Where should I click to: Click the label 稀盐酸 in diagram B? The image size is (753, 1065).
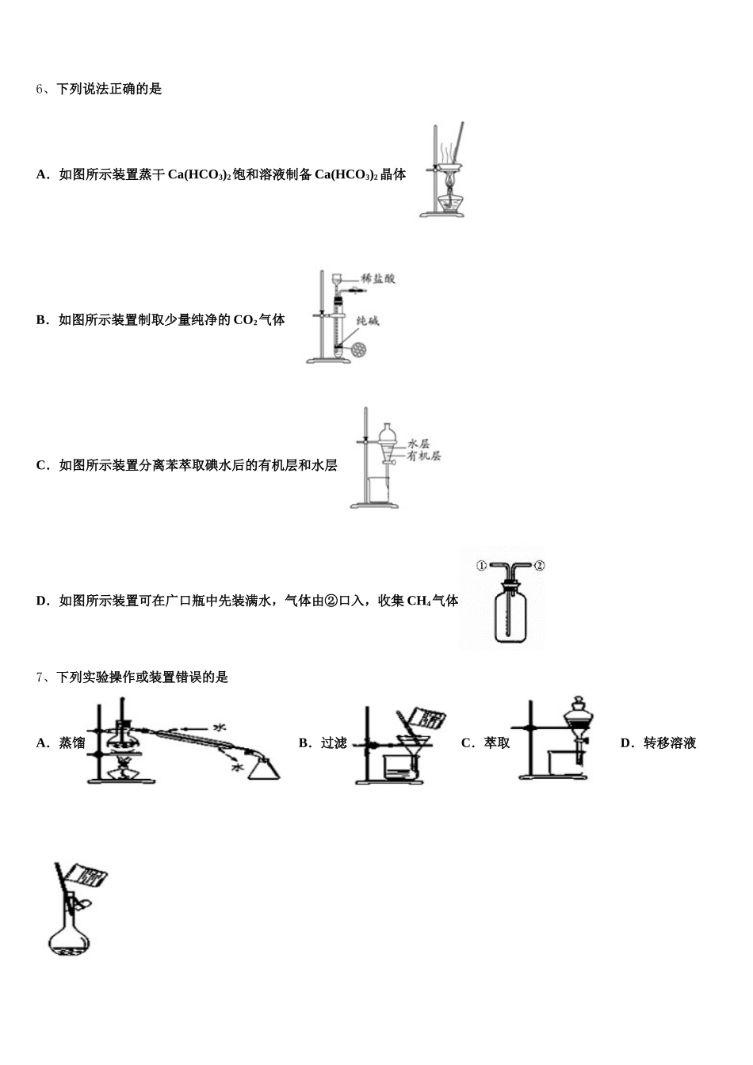[x=378, y=278]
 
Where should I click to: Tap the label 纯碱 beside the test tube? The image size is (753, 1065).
[x=368, y=321]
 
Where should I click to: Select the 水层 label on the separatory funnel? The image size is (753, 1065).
[x=419, y=444]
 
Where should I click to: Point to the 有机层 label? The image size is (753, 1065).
[x=423, y=456]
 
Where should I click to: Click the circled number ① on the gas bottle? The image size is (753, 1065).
[x=481, y=566]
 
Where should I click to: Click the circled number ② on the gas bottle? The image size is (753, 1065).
[x=539, y=565]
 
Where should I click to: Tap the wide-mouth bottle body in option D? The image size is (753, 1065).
[x=510, y=616]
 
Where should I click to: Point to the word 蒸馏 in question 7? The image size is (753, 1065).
[x=72, y=742]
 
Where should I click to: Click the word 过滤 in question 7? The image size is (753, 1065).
[x=334, y=742]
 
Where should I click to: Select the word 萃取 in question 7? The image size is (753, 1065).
[x=497, y=742]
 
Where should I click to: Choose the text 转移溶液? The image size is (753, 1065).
[x=670, y=742]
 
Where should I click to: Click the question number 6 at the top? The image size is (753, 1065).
[x=39, y=89]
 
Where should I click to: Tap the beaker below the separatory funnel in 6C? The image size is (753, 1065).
[x=378, y=491]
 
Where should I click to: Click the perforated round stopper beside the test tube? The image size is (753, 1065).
[x=359, y=350]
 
